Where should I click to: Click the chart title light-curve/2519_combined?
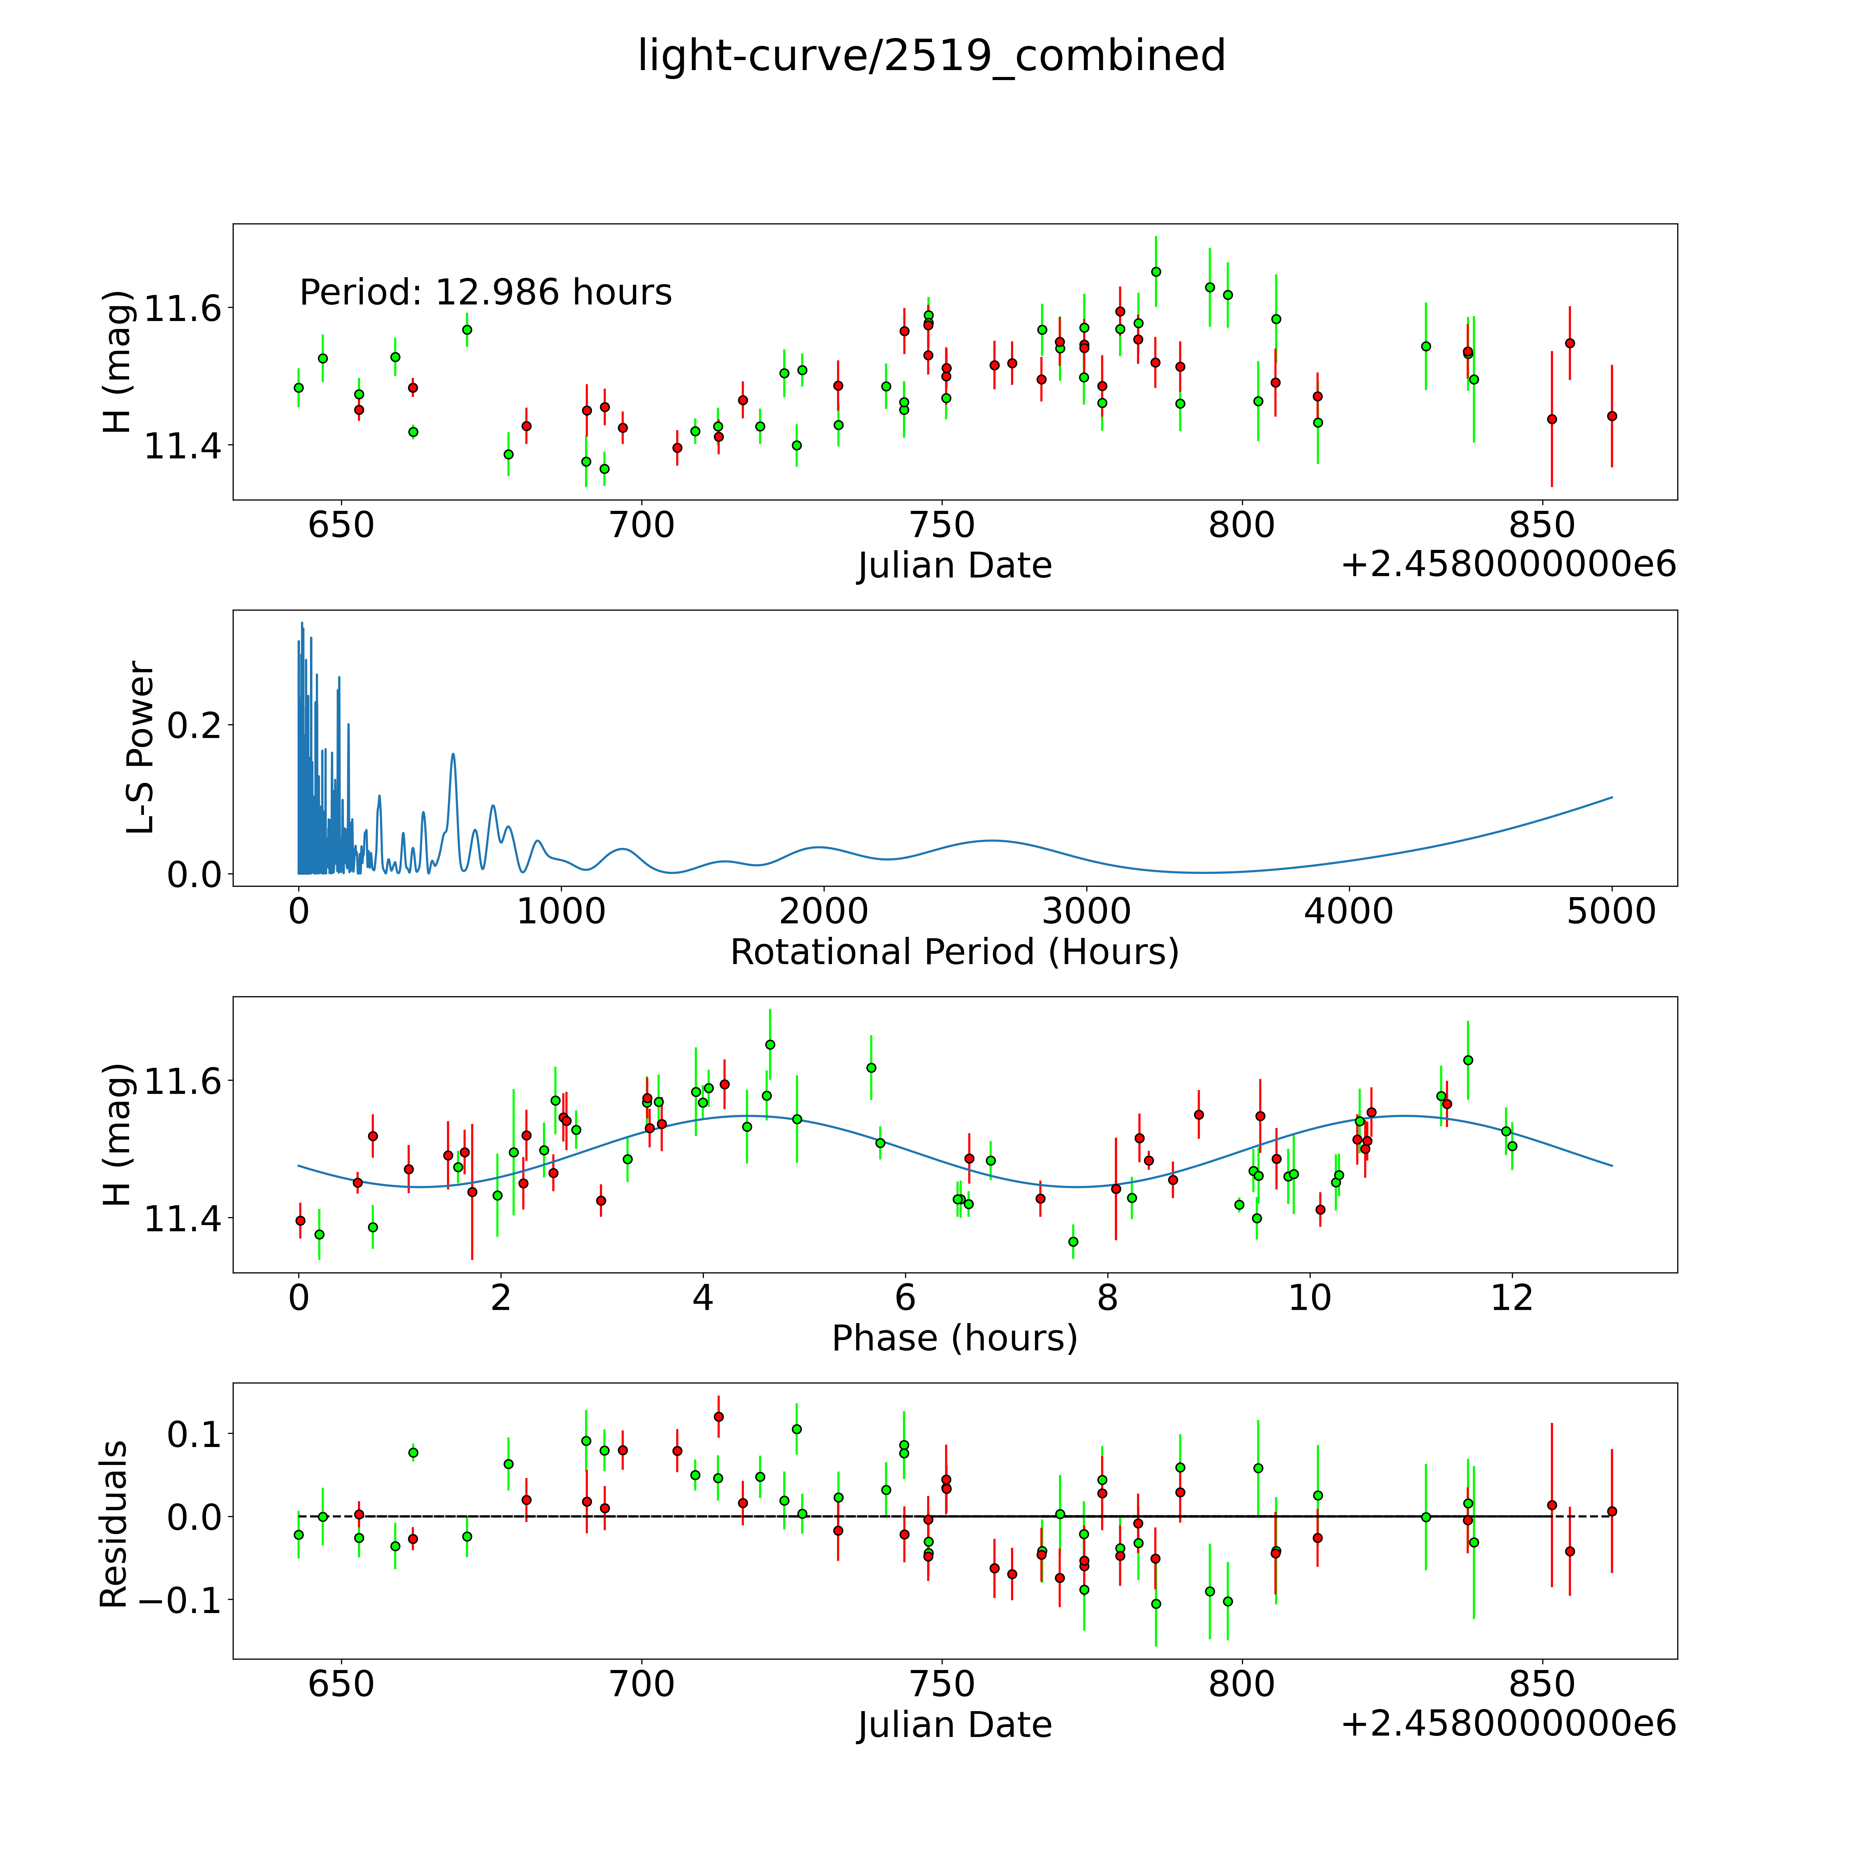931,56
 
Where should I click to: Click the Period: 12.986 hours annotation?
485,292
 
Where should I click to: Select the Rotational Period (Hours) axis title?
954,952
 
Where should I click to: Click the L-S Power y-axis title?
141,748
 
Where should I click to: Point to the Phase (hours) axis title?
954,1338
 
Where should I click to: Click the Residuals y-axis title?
114,1524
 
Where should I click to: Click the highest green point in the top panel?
1156,272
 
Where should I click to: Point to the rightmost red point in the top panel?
1611,416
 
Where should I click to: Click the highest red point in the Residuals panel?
719,1416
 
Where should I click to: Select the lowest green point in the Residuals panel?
1156,1603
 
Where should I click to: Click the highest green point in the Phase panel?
770,1044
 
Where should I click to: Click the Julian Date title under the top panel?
954,565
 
